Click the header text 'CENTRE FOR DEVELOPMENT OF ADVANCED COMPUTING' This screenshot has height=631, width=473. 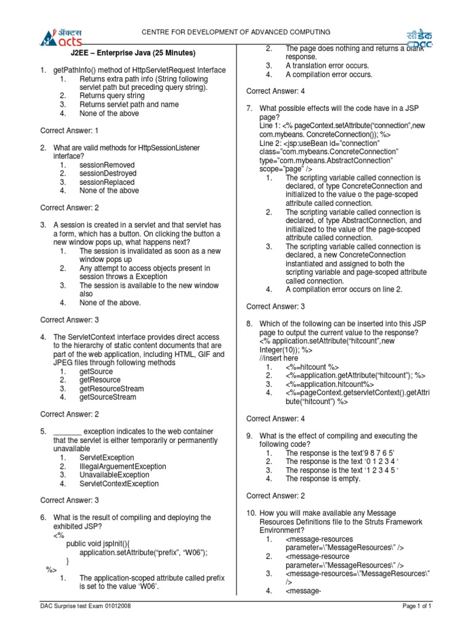point(236,32)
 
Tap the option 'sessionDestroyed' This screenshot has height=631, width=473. point(108,174)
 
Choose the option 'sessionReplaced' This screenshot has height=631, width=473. point(107,182)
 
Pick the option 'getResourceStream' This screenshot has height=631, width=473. point(111,389)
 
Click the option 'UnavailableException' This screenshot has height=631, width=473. point(114,475)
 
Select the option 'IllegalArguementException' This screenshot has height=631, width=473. point(123,466)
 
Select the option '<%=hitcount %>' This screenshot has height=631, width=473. point(312,367)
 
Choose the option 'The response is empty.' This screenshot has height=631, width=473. point(323,479)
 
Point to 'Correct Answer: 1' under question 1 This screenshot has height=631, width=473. point(70,131)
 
